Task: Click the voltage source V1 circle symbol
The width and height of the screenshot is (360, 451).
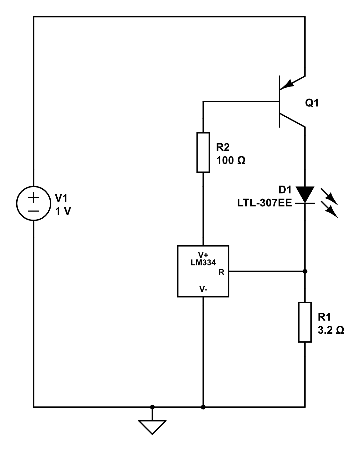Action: click(x=33, y=204)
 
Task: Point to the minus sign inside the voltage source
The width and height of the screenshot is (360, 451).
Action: click(x=33, y=211)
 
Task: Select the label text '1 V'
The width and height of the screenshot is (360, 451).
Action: click(x=63, y=211)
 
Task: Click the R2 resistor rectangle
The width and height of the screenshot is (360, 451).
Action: click(x=203, y=152)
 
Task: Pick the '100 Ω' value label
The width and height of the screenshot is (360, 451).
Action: click(x=231, y=160)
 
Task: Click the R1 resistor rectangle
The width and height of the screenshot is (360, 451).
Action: click(x=305, y=322)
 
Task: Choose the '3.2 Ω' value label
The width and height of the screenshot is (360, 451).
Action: click(x=331, y=330)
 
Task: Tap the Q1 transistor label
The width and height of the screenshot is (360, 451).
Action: click(x=312, y=103)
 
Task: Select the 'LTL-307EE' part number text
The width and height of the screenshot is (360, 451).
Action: click(x=265, y=203)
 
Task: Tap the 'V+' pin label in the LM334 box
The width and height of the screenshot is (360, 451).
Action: click(x=203, y=255)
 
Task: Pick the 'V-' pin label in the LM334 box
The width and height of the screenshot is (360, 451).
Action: click(x=203, y=289)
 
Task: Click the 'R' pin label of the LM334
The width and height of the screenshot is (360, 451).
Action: click(x=221, y=272)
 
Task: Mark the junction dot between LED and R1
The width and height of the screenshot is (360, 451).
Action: click(x=305, y=271)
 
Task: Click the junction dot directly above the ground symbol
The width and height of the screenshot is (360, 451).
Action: click(x=152, y=407)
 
